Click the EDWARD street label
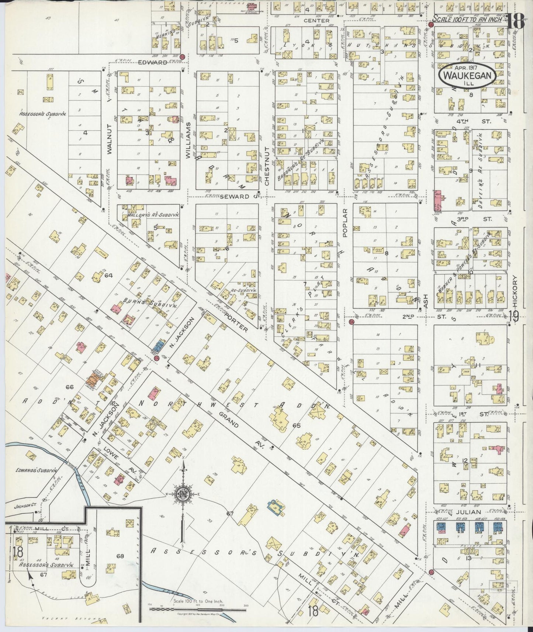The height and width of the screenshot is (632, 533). click(153, 63)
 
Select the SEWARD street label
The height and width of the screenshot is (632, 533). click(235, 197)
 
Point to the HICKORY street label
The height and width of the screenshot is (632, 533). click(515, 292)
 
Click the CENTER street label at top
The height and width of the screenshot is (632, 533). click(316, 21)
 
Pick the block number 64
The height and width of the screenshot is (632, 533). click(108, 275)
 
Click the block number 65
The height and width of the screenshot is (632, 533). click(297, 426)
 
